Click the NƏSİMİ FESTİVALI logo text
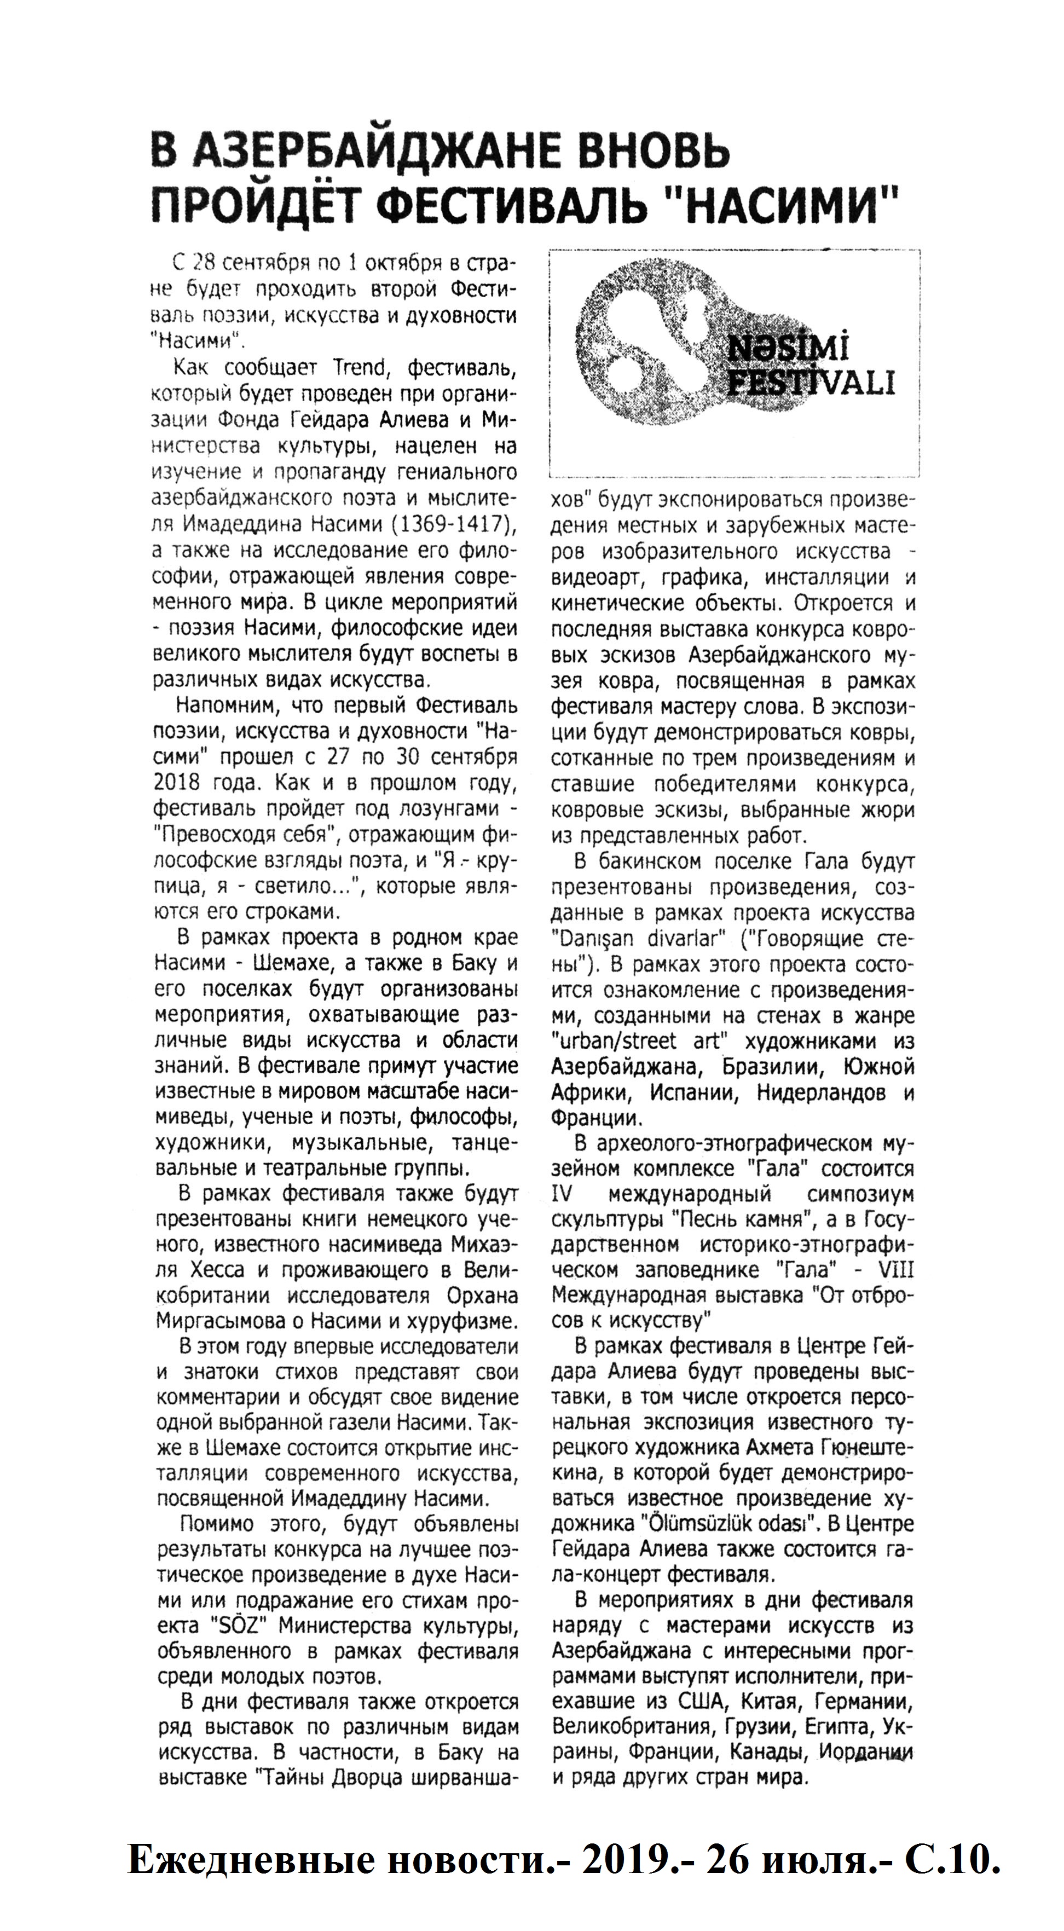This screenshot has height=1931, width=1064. click(x=810, y=367)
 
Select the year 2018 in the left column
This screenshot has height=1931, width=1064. click(x=176, y=783)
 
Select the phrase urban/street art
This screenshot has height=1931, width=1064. click(x=634, y=1041)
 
